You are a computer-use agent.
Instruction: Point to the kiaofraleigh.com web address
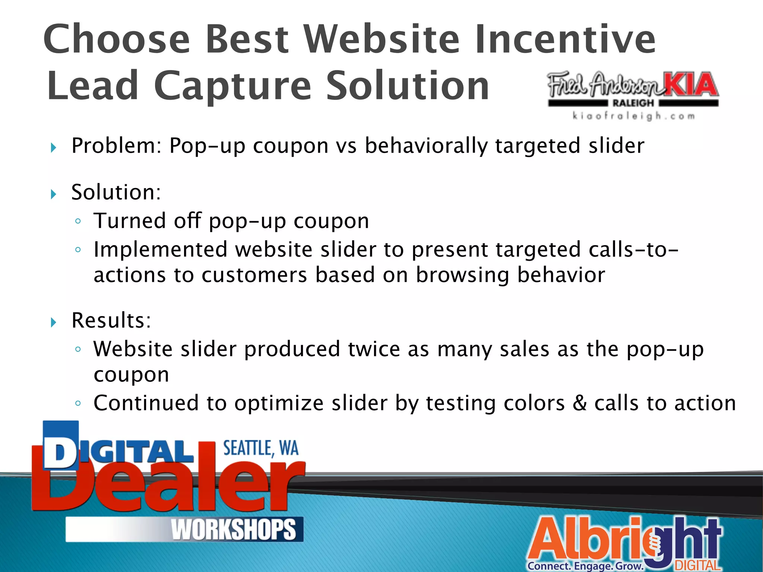pyautogui.click(x=633, y=116)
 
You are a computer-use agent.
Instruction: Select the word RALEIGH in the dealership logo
pyautogui.click(x=633, y=103)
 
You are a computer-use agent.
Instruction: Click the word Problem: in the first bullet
pyautogui.click(x=117, y=146)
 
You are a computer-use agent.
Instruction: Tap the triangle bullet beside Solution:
pyautogui.click(x=54, y=194)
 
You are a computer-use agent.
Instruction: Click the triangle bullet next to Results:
pyautogui.click(x=54, y=322)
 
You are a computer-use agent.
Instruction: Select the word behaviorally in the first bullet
pyautogui.click(x=426, y=146)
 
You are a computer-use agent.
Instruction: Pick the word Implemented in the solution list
pyautogui.click(x=160, y=250)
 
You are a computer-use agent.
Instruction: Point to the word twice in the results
pyautogui.click(x=374, y=349)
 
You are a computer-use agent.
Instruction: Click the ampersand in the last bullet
pyautogui.click(x=579, y=403)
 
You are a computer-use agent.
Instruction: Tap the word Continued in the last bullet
pyautogui.click(x=146, y=403)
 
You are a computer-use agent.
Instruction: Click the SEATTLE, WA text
pyautogui.click(x=261, y=448)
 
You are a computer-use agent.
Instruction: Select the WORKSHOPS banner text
pyautogui.click(x=234, y=530)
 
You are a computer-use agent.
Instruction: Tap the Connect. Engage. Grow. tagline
pyautogui.click(x=585, y=566)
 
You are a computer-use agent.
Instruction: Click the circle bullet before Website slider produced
pyautogui.click(x=78, y=349)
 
